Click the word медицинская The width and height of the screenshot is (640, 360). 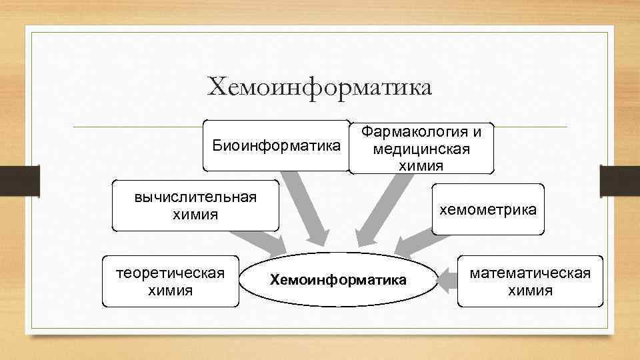(421, 148)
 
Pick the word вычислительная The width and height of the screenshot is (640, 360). (195, 197)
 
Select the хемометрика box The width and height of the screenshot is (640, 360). (487, 209)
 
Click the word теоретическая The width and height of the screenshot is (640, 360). (170, 273)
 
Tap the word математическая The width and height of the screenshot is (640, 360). (530, 273)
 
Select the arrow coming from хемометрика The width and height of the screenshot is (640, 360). (413, 239)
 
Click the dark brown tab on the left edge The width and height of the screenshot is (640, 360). (19, 181)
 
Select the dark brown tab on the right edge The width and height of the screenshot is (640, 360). (620, 181)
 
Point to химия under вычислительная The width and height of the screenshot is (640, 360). (195, 214)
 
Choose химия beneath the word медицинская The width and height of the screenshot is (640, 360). (421, 165)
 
